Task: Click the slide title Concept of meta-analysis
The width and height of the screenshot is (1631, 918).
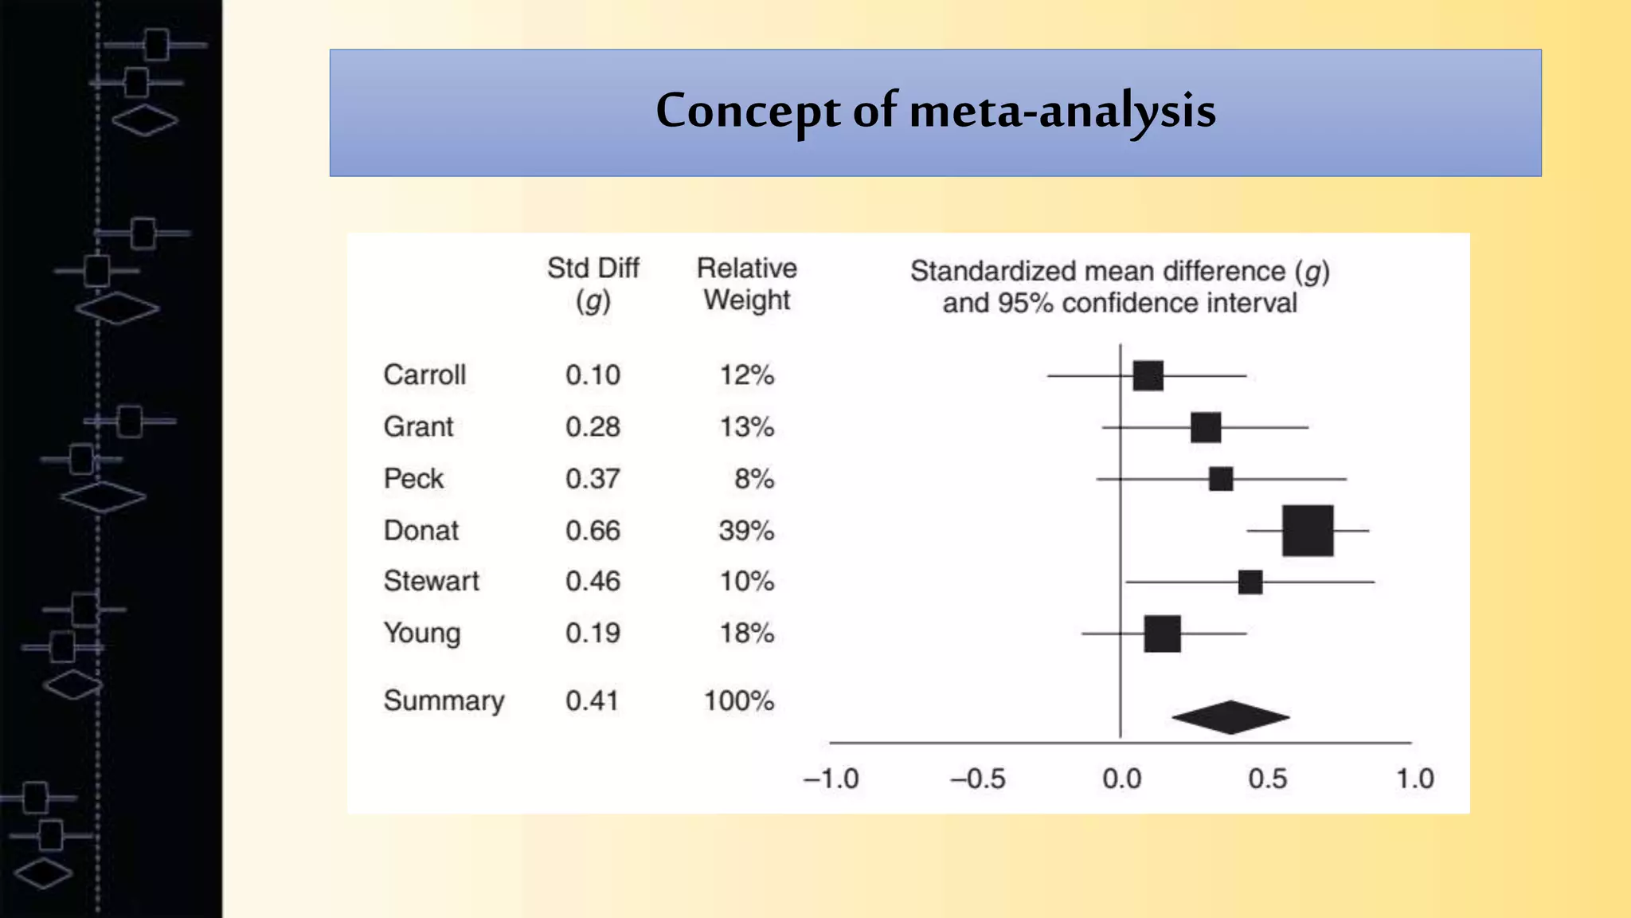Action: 936,111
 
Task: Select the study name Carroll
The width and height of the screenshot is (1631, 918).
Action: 424,375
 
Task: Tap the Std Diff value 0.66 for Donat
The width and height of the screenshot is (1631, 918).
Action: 593,530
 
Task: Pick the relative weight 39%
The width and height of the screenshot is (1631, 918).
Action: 746,530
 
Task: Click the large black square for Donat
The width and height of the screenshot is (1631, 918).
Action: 1308,530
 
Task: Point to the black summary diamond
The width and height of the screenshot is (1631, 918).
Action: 1230,717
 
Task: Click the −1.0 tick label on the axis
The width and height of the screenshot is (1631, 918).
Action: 831,779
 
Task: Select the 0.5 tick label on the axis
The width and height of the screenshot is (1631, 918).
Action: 1267,779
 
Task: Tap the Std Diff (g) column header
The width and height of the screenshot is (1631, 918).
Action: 593,284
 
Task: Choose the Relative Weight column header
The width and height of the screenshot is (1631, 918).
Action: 746,284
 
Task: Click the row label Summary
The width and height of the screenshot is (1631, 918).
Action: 444,700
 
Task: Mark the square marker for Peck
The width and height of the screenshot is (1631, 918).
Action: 1221,479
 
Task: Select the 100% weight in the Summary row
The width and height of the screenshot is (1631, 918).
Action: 739,700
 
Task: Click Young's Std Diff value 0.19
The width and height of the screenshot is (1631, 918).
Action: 593,633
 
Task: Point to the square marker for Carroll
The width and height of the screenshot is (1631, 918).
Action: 1148,375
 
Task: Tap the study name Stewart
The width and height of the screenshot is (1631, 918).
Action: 431,581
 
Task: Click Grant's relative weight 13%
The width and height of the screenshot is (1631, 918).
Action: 746,427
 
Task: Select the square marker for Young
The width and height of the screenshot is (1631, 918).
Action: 1162,634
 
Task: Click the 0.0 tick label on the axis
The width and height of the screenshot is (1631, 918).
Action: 1121,779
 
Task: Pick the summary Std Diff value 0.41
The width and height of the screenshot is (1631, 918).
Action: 592,700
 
